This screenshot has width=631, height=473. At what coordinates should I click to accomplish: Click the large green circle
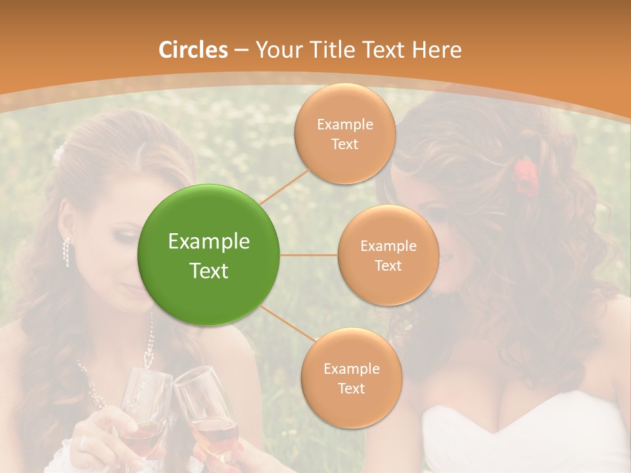pyautogui.click(x=209, y=255)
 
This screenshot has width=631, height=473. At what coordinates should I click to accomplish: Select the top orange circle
pyautogui.click(x=344, y=134)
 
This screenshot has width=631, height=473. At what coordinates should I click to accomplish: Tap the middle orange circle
pyautogui.click(x=388, y=255)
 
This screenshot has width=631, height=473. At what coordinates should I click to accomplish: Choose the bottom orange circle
pyautogui.click(x=351, y=378)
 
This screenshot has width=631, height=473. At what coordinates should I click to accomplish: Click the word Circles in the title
pyautogui.click(x=193, y=49)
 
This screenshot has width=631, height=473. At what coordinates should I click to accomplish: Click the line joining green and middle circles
pyautogui.click(x=309, y=255)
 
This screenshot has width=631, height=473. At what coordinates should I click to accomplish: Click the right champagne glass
pyautogui.click(x=207, y=414)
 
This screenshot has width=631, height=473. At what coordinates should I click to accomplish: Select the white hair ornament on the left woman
pyautogui.click(x=58, y=155)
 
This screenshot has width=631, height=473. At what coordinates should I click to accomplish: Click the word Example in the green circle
pyautogui.click(x=209, y=242)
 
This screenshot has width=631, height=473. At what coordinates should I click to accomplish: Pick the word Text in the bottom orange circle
pyautogui.click(x=351, y=388)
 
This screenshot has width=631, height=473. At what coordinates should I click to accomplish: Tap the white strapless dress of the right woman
pyautogui.click(x=526, y=434)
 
